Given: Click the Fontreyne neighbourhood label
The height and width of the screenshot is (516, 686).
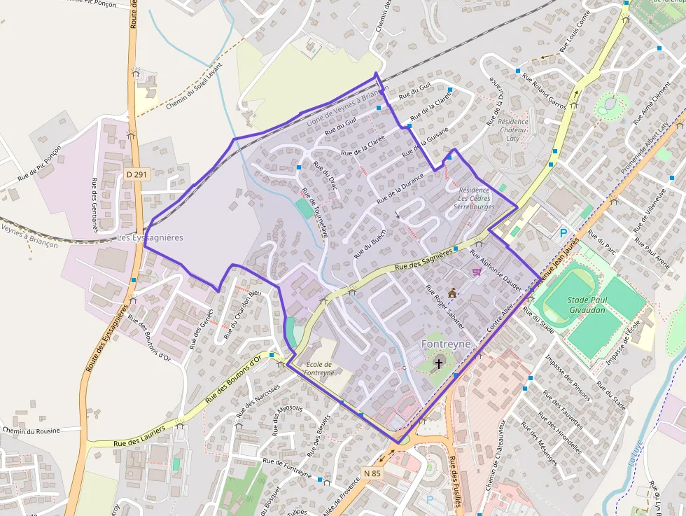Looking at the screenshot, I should point(449,344).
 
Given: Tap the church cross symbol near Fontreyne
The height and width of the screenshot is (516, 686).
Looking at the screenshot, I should point(440,363).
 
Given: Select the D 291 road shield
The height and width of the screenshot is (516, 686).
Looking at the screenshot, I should point(137,174).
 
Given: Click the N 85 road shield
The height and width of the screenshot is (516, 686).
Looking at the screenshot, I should point(373,473).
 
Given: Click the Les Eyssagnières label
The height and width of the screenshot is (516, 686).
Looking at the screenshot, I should point(150,238).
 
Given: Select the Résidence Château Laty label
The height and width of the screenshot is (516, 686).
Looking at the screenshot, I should point(513,130).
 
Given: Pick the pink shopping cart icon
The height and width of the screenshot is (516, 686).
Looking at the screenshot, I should point(477,272).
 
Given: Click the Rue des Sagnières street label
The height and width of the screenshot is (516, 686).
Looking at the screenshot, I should point(423,259).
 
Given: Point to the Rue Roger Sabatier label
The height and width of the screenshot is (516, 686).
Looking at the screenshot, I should point(445,307).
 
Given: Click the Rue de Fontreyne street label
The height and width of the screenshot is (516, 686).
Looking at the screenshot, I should point(286,467).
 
